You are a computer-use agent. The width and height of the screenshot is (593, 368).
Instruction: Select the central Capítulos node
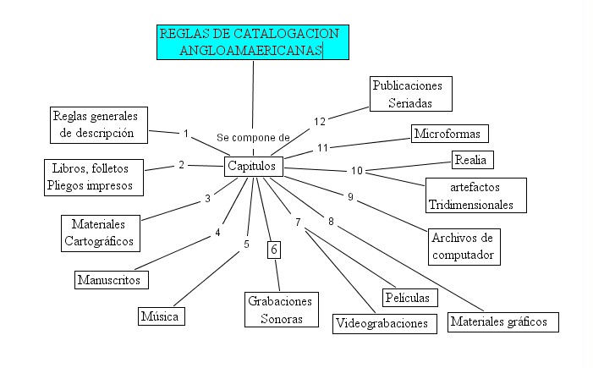tap(252, 167)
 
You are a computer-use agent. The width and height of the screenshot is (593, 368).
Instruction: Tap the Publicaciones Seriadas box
tap(411, 94)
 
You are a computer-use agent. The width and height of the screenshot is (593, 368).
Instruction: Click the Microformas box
tap(449, 134)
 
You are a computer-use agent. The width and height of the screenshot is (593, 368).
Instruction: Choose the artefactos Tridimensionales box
tap(476, 195)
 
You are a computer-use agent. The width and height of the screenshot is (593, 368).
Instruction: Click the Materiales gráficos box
tap(504, 321)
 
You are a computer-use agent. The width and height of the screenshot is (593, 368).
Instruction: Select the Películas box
tap(410, 298)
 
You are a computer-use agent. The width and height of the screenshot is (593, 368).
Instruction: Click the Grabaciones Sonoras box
tap(280, 310)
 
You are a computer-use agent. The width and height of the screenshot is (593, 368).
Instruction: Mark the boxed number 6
tap(274, 249)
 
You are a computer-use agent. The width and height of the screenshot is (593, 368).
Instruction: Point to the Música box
tap(162, 316)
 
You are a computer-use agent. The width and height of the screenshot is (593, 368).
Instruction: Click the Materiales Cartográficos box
tap(99, 233)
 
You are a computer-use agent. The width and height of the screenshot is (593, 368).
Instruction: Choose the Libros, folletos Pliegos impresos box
tap(93, 177)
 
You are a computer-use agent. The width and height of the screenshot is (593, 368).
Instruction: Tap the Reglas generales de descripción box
tap(98, 124)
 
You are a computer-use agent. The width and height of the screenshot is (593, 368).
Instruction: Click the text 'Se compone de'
tap(253, 137)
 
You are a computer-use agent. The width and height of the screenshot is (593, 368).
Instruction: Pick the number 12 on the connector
tap(320, 122)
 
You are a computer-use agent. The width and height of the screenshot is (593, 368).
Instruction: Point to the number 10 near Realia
tap(357, 171)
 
